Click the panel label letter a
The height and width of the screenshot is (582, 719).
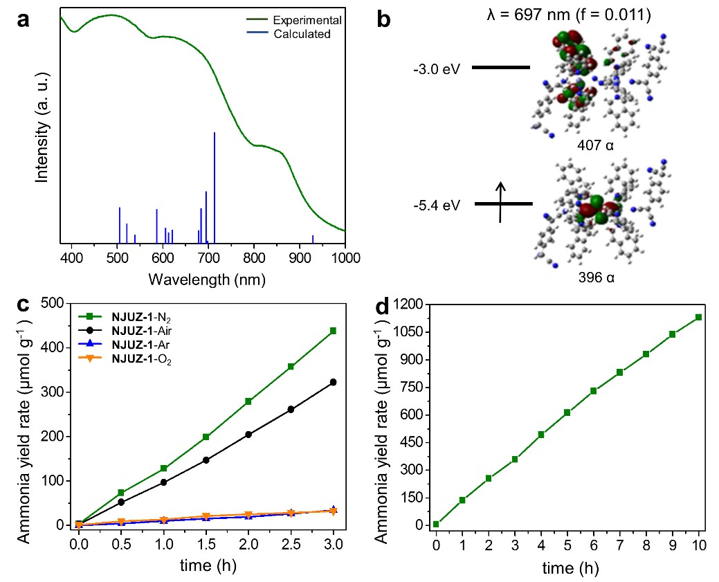pyautogui.click(x=24, y=20)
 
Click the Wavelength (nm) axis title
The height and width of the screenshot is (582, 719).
pyautogui.click(x=206, y=279)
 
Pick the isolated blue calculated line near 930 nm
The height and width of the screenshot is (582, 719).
pyautogui.click(x=313, y=239)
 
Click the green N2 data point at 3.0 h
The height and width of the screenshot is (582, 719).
pyautogui.click(x=333, y=331)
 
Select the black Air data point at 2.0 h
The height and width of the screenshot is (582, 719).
pyautogui.click(x=248, y=435)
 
